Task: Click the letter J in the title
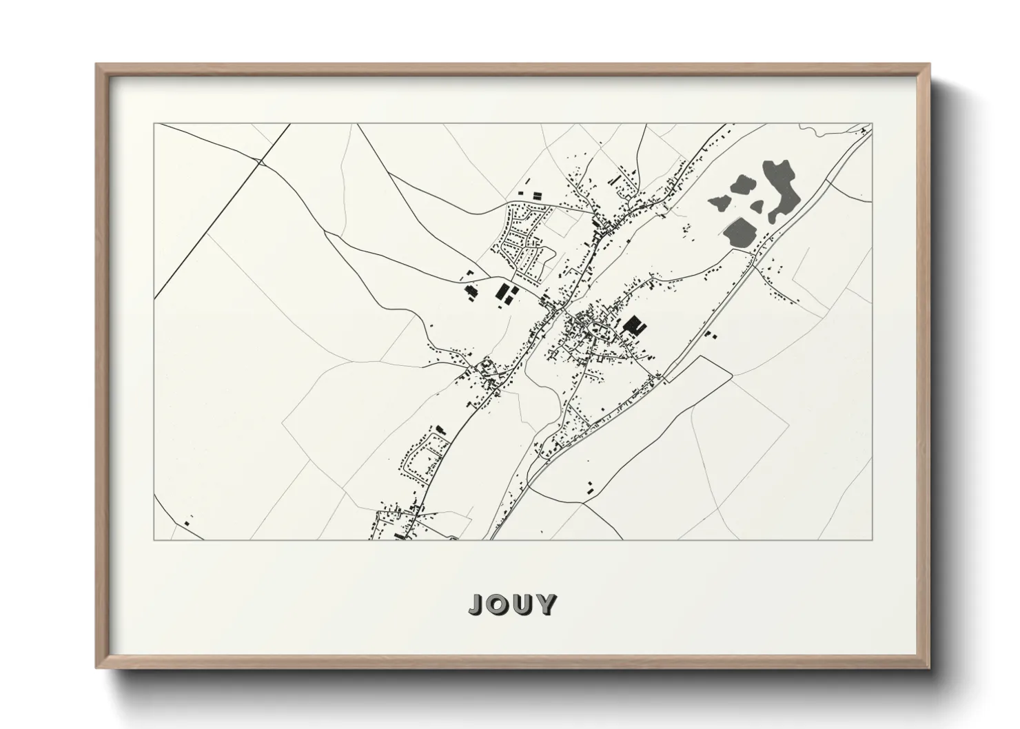477,604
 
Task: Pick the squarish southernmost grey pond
738,232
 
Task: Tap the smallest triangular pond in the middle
756,205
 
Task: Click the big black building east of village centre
632,325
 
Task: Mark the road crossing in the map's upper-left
261,163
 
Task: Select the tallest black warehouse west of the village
500,292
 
